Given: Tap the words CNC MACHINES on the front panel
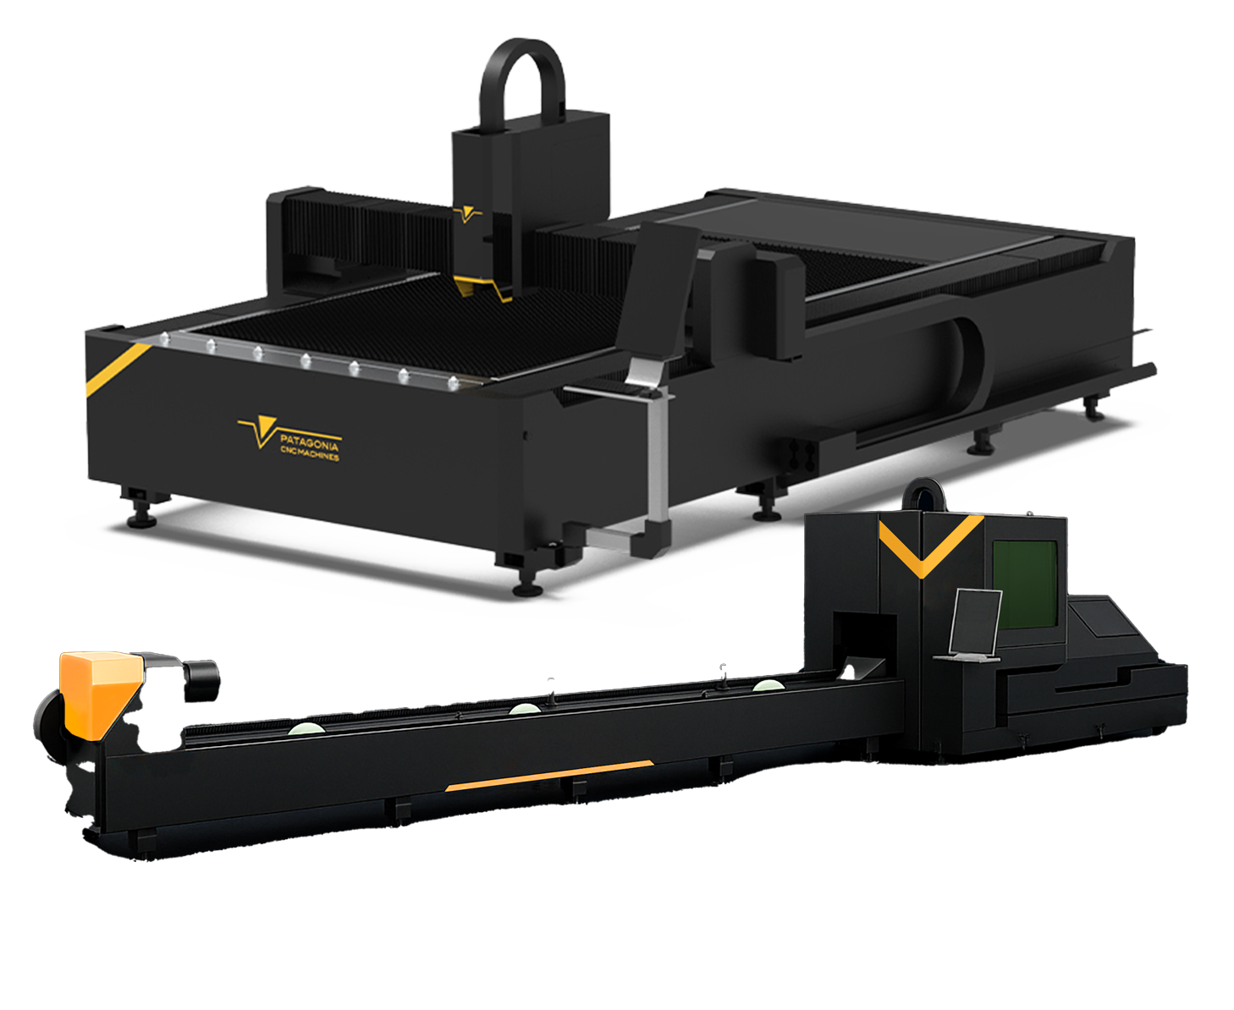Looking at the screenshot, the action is tap(310, 453).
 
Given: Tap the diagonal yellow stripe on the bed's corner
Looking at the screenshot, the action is tap(118, 370).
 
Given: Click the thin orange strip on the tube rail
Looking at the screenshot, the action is tap(548, 776).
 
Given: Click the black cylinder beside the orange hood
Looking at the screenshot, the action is tap(201, 680).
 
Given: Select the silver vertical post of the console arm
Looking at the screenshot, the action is tap(658, 456).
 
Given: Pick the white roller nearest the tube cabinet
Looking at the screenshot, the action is tap(768, 685).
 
